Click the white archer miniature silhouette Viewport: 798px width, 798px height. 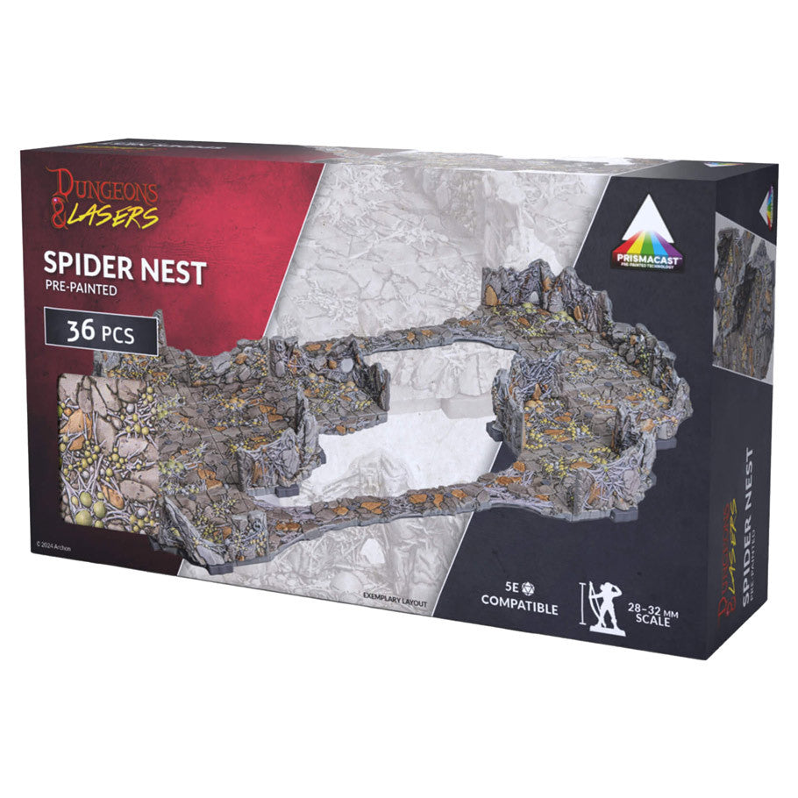click(608, 605)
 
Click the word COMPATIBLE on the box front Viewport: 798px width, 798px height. click(518, 608)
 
